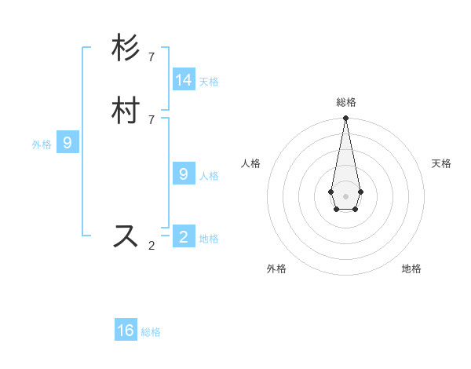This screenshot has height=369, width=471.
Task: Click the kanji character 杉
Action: pyautogui.click(x=126, y=49)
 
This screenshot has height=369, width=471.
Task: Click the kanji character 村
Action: pyautogui.click(x=126, y=111)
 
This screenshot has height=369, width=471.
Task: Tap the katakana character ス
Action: pyautogui.click(x=126, y=236)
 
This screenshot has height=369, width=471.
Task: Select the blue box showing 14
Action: pyautogui.click(x=184, y=80)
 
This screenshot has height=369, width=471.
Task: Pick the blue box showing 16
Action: pyautogui.click(x=126, y=331)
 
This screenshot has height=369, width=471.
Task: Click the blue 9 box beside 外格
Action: pyautogui.click(x=68, y=143)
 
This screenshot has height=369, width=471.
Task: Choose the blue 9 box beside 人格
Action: pyautogui.click(x=184, y=174)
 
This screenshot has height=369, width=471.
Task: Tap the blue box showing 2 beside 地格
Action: pyautogui.click(x=184, y=236)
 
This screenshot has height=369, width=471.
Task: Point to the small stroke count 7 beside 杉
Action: pyautogui.click(x=152, y=57)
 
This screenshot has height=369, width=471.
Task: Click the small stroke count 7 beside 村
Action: pyautogui.click(x=152, y=119)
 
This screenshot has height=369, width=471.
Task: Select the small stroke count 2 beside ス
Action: pyautogui.click(x=152, y=245)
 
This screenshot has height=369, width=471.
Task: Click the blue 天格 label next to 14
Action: pyautogui.click(x=209, y=82)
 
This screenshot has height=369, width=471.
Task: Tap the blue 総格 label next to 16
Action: pyautogui.click(x=151, y=332)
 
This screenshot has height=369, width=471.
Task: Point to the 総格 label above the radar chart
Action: pyautogui.click(x=345, y=102)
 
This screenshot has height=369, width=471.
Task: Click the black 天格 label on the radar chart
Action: pyautogui.click(x=441, y=163)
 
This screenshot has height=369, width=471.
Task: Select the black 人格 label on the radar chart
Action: pyautogui.click(x=251, y=163)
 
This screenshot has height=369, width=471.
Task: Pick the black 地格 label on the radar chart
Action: pyautogui.click(x=411, y=269)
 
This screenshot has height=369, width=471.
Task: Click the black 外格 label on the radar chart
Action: pyautogui.click(x=276, y=269)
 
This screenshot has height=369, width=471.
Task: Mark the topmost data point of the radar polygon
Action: pyautogui.click(x=345, y=119)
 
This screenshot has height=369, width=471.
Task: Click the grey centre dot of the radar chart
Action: pyautogui.click(x=345, y=195)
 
